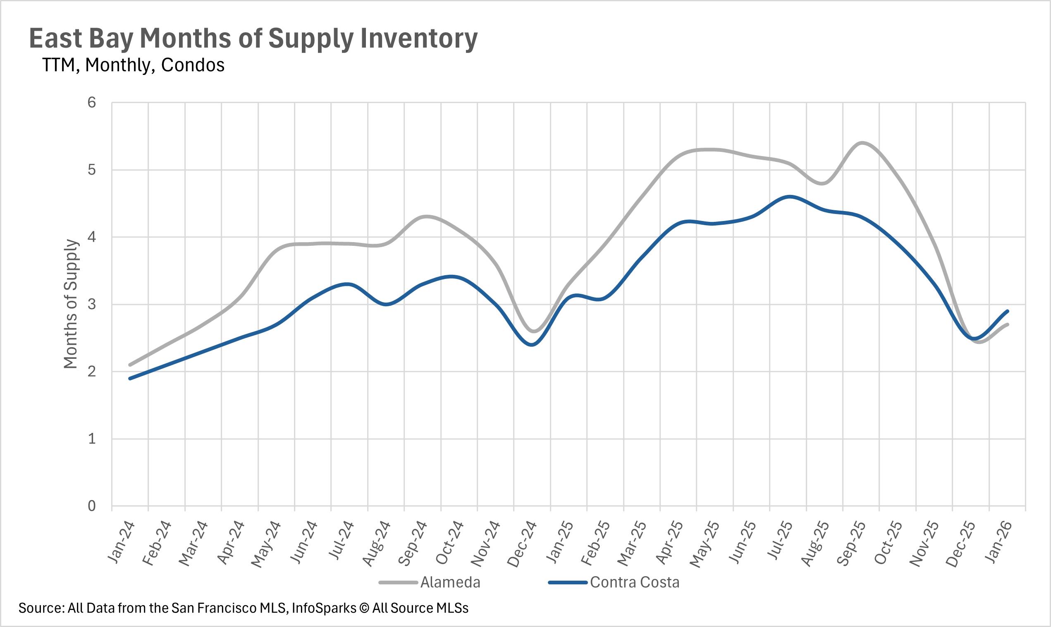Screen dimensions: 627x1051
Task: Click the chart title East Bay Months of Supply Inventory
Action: click(x=253, y=39)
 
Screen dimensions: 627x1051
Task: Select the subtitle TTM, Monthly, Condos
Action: click(x=134, y=65)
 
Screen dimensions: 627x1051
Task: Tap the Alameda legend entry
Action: click(x=450, y=582)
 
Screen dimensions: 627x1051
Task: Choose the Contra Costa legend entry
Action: click(x=634, y=582)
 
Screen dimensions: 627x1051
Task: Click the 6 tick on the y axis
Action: click(x=92, y=103)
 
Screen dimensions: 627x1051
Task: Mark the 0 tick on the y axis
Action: click(x=92, y=506)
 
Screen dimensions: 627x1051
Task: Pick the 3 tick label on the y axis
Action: click(x=92, y=304)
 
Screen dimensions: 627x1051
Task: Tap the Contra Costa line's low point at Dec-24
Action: click(x=532, y=345)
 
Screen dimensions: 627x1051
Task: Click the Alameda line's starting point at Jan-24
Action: click(x=130, y=365)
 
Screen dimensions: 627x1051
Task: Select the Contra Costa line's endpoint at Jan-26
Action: click(x=1008, y=311)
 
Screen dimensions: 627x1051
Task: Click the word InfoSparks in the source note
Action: click(x=324, y=608)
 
